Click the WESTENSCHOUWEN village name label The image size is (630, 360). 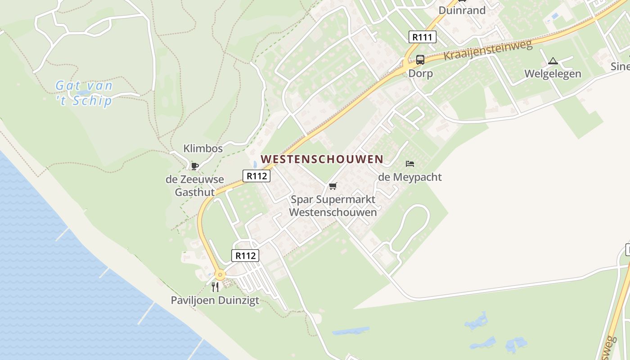pos(322,159)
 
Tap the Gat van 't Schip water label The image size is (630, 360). pos(84,93)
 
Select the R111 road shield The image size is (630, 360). pos(423,37)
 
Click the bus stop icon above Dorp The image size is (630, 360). pos(420,59)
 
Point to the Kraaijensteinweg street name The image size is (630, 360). pos(488,50)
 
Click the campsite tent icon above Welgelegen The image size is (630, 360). pos(553,61)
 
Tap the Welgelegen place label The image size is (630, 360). pos(553,74)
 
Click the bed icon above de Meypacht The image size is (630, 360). pos(409,164)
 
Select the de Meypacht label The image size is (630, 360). pos(409,177)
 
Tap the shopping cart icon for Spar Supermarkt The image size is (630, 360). pos(333,186)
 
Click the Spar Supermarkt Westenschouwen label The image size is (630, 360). pos(333,206)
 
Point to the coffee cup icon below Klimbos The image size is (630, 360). pos(194,166)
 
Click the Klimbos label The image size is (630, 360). pos(203,148)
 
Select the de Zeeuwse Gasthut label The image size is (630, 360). pos(194,186)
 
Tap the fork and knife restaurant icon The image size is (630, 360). pos(215,287)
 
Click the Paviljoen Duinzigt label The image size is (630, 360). pos(215,300)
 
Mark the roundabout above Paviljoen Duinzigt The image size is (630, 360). pos(220,274)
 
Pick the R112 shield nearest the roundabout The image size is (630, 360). pos(245,256)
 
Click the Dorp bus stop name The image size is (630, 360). pos(420,73)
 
